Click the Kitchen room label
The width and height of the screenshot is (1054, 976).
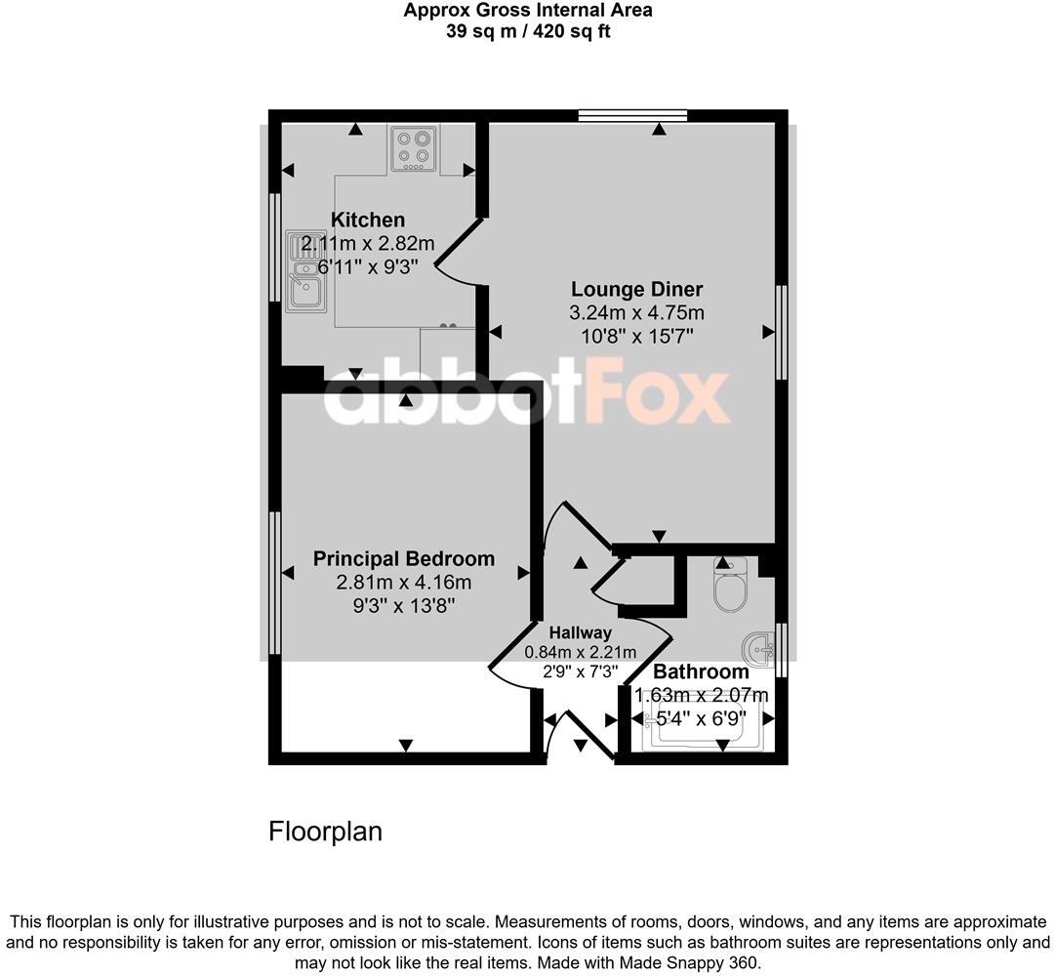(x=368, y=220)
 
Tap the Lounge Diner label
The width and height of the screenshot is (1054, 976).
(x=636, y=289)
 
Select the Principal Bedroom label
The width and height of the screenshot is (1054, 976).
(x=403, y=559)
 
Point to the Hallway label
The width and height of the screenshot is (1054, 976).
(x=580, y=632)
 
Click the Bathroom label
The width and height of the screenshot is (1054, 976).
(x=701, y=671)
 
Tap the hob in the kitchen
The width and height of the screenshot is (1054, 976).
(x=413, y=148)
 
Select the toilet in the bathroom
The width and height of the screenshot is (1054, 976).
(x=729, y=585)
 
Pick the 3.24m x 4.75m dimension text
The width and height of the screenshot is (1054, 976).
(x=636, y=313)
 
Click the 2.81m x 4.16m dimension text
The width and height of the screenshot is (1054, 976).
(x=403, y=583)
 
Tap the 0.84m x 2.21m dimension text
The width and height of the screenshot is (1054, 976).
(x=580, y=653)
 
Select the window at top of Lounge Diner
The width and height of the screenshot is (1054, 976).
(x=631, y=115)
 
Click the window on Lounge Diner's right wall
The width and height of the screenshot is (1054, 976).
(x=781, y=332)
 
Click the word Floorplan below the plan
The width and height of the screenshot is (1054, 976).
(x=325, y=832)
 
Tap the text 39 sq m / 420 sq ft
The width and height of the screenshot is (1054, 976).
(x=528, y=30)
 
